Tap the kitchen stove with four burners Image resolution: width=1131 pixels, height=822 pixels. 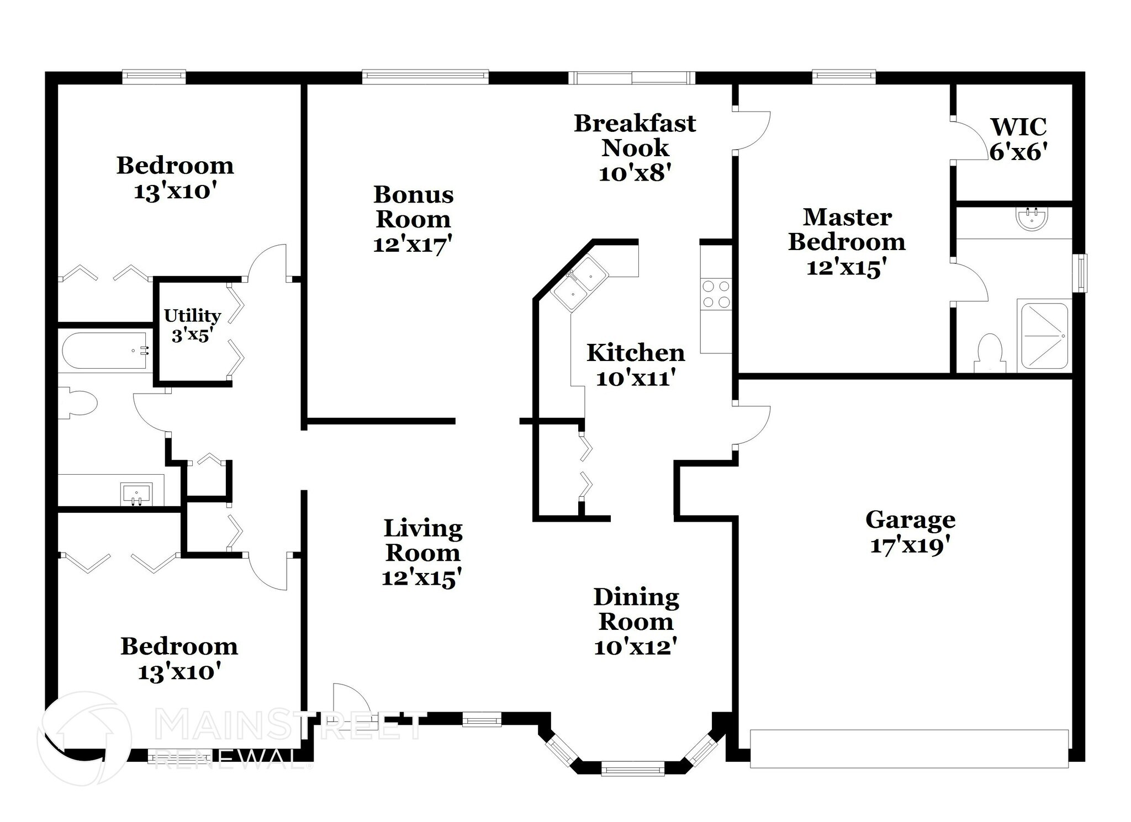coord(715,294)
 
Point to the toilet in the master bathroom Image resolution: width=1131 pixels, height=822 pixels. coord(990,354)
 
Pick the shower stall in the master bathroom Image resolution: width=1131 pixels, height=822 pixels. coord(1044,335)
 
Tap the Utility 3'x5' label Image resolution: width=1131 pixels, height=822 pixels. coord(192,325)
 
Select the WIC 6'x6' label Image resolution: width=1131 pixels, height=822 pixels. coord(1018,139)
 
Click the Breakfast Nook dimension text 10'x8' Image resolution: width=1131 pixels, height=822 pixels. coord(635,173)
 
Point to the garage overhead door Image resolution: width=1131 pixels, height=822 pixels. coord(909,748)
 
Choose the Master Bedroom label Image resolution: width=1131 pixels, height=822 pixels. coord(847,230)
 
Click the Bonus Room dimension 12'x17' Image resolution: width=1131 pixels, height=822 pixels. coord(413,245)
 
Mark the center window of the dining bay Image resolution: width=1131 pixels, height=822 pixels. coord(633,768)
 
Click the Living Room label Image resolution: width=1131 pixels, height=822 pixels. coord(422,540)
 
